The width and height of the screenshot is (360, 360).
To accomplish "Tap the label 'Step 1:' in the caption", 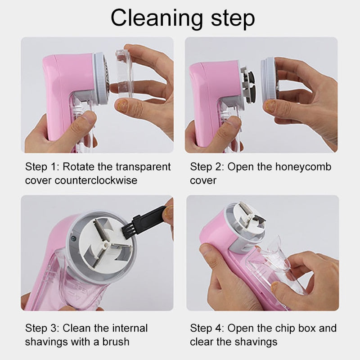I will (x=41, y=167).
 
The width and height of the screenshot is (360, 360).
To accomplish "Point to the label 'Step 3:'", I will (x=41, y=328).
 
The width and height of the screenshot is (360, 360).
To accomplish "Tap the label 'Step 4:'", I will (x=207, y=328).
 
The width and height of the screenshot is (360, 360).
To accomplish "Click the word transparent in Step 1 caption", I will (x=143, y=167).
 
